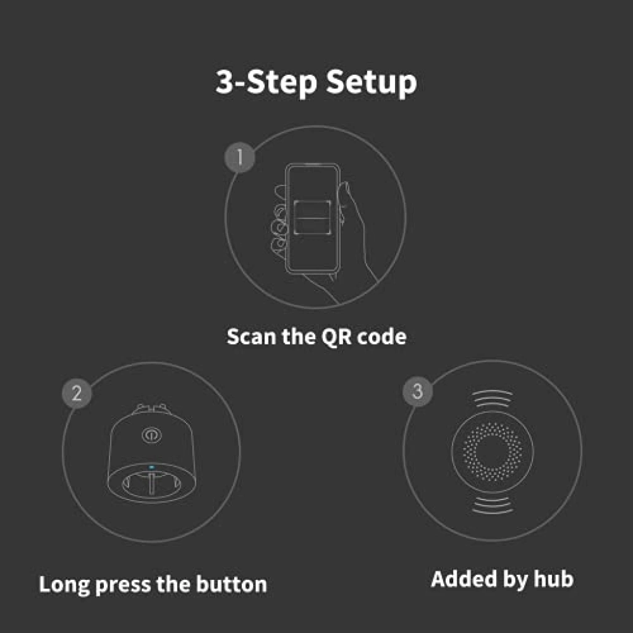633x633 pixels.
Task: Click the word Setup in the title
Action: point(371,83)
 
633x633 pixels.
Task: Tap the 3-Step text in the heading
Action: point(266,82)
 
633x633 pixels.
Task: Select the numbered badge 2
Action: point(77,393)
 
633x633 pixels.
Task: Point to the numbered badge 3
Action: point(417,391)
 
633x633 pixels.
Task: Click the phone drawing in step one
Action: point(313,218)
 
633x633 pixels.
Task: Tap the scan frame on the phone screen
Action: point(312,218)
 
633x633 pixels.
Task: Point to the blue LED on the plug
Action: point(151,467)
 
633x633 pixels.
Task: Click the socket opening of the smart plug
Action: point(152,483)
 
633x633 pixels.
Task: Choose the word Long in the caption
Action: point(64,585)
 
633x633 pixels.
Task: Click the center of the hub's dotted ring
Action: point(492,452)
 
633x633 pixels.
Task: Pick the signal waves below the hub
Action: point(493,506)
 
